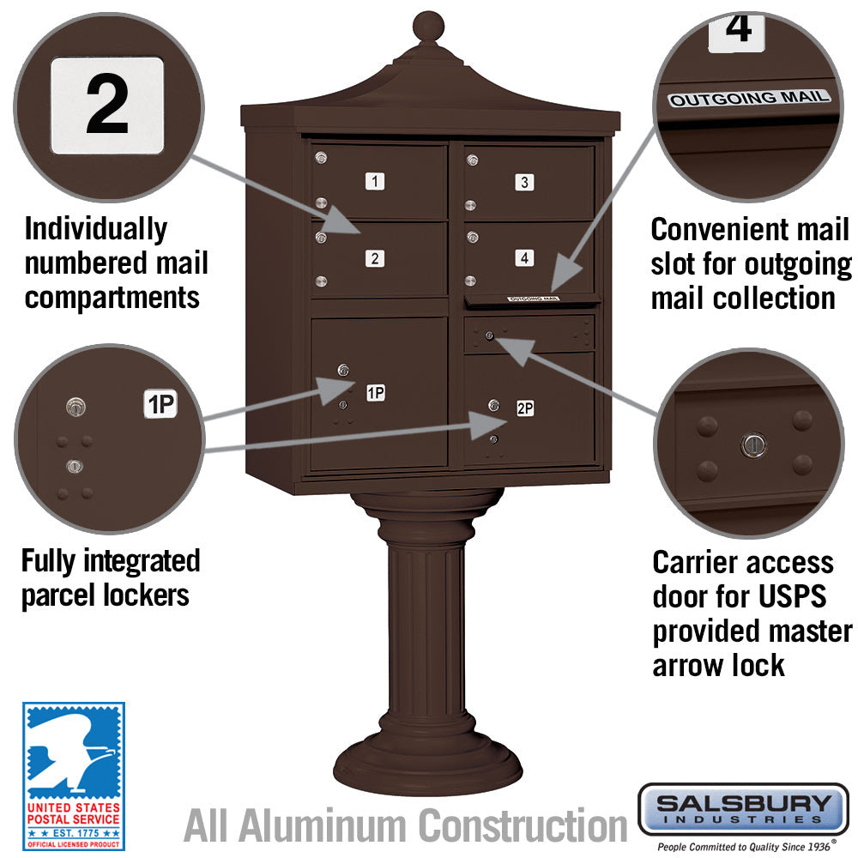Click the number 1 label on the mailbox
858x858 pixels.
374,181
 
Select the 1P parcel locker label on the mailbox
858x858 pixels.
375,393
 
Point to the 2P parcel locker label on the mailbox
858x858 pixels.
525,409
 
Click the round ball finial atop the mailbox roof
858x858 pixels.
427,27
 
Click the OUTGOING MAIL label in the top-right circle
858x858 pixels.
750,98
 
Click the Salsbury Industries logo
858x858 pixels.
743,807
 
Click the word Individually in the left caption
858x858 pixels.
96,229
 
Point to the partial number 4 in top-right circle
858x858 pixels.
738,27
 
